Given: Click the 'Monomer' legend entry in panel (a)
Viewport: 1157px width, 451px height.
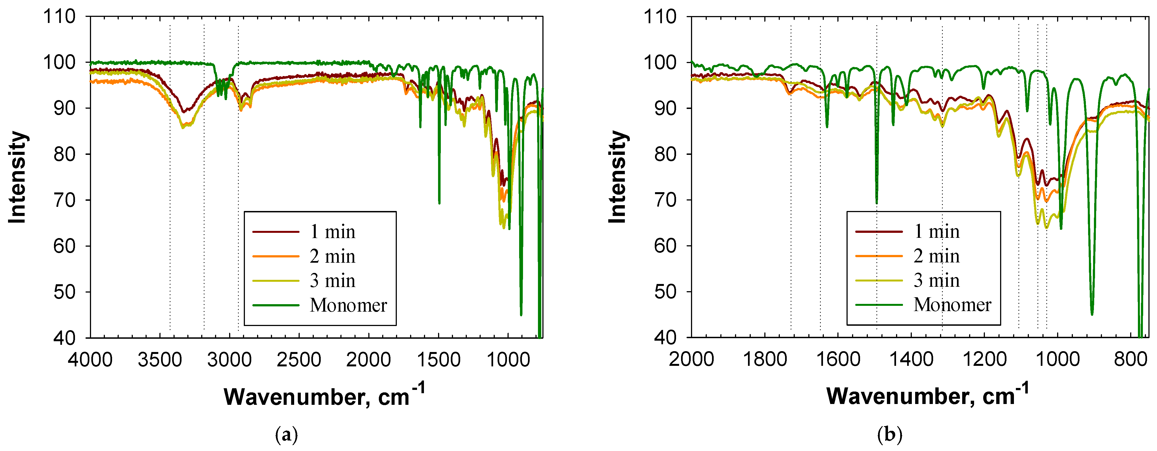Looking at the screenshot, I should [348, 305].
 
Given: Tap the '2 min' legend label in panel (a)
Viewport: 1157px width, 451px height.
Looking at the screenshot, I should [332, 256].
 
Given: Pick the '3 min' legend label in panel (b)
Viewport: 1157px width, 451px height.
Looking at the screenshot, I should [936, 280].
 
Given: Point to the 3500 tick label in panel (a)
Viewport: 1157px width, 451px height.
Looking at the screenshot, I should [160, 360].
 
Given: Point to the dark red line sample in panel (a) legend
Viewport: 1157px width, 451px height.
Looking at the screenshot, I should [276, 231].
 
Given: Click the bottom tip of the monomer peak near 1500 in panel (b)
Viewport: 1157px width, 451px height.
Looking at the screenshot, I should [876, 203].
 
